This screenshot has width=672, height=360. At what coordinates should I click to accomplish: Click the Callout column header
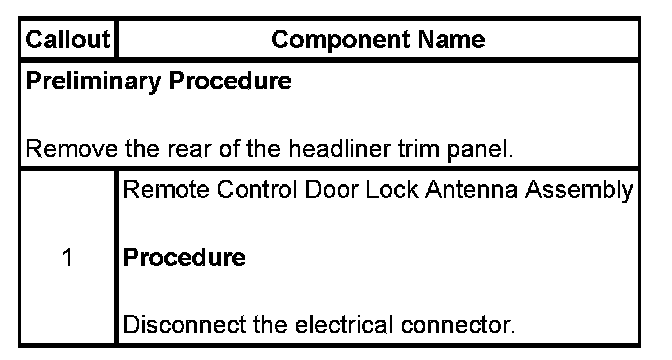[68, 39]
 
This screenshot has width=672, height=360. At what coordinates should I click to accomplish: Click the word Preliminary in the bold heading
[93, 81]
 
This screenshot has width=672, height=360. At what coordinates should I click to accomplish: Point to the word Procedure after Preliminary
[230, 81]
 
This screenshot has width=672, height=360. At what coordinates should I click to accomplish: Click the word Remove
[72, 149]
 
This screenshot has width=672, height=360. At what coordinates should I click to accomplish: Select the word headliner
[339, 149]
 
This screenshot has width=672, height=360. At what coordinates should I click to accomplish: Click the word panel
[480, 150]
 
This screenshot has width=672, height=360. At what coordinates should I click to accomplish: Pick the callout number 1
[67, 258]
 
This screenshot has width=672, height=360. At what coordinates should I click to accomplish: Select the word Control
[257, 189]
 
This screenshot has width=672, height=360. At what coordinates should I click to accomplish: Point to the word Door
[332, 189]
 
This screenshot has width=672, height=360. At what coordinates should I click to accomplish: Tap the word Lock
[392, 189]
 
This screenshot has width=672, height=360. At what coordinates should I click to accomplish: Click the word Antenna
[471, 189]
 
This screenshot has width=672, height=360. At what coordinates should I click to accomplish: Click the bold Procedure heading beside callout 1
[184, 257]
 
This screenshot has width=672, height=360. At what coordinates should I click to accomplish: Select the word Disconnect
[184, 324]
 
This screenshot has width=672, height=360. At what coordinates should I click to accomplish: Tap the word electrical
[344, 324]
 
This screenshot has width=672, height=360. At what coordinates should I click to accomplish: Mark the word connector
[458, 325]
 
